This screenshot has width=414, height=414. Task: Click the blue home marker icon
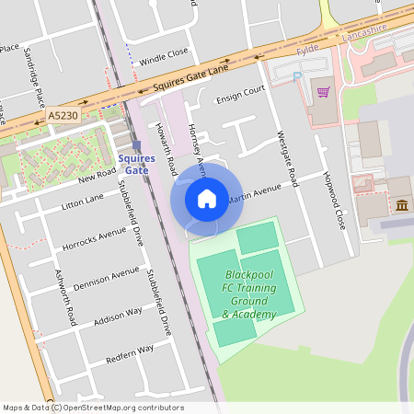coord(206,199)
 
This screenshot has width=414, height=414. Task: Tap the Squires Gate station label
coord(136,164)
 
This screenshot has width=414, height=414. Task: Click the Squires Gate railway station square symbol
coord(136,145)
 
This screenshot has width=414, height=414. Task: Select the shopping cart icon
coord(323,91)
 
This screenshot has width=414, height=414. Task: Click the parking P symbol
coord(296,77)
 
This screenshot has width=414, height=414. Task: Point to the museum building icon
coord(401,203)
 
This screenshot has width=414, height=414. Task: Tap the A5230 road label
coord(63,116)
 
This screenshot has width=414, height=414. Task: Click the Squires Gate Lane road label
coord(190,77)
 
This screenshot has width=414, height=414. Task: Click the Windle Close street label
coord(164,57)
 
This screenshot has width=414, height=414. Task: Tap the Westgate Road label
coord(287,158)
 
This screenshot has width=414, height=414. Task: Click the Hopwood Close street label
coord(334,200)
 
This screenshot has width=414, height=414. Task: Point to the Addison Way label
coord(118,316)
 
